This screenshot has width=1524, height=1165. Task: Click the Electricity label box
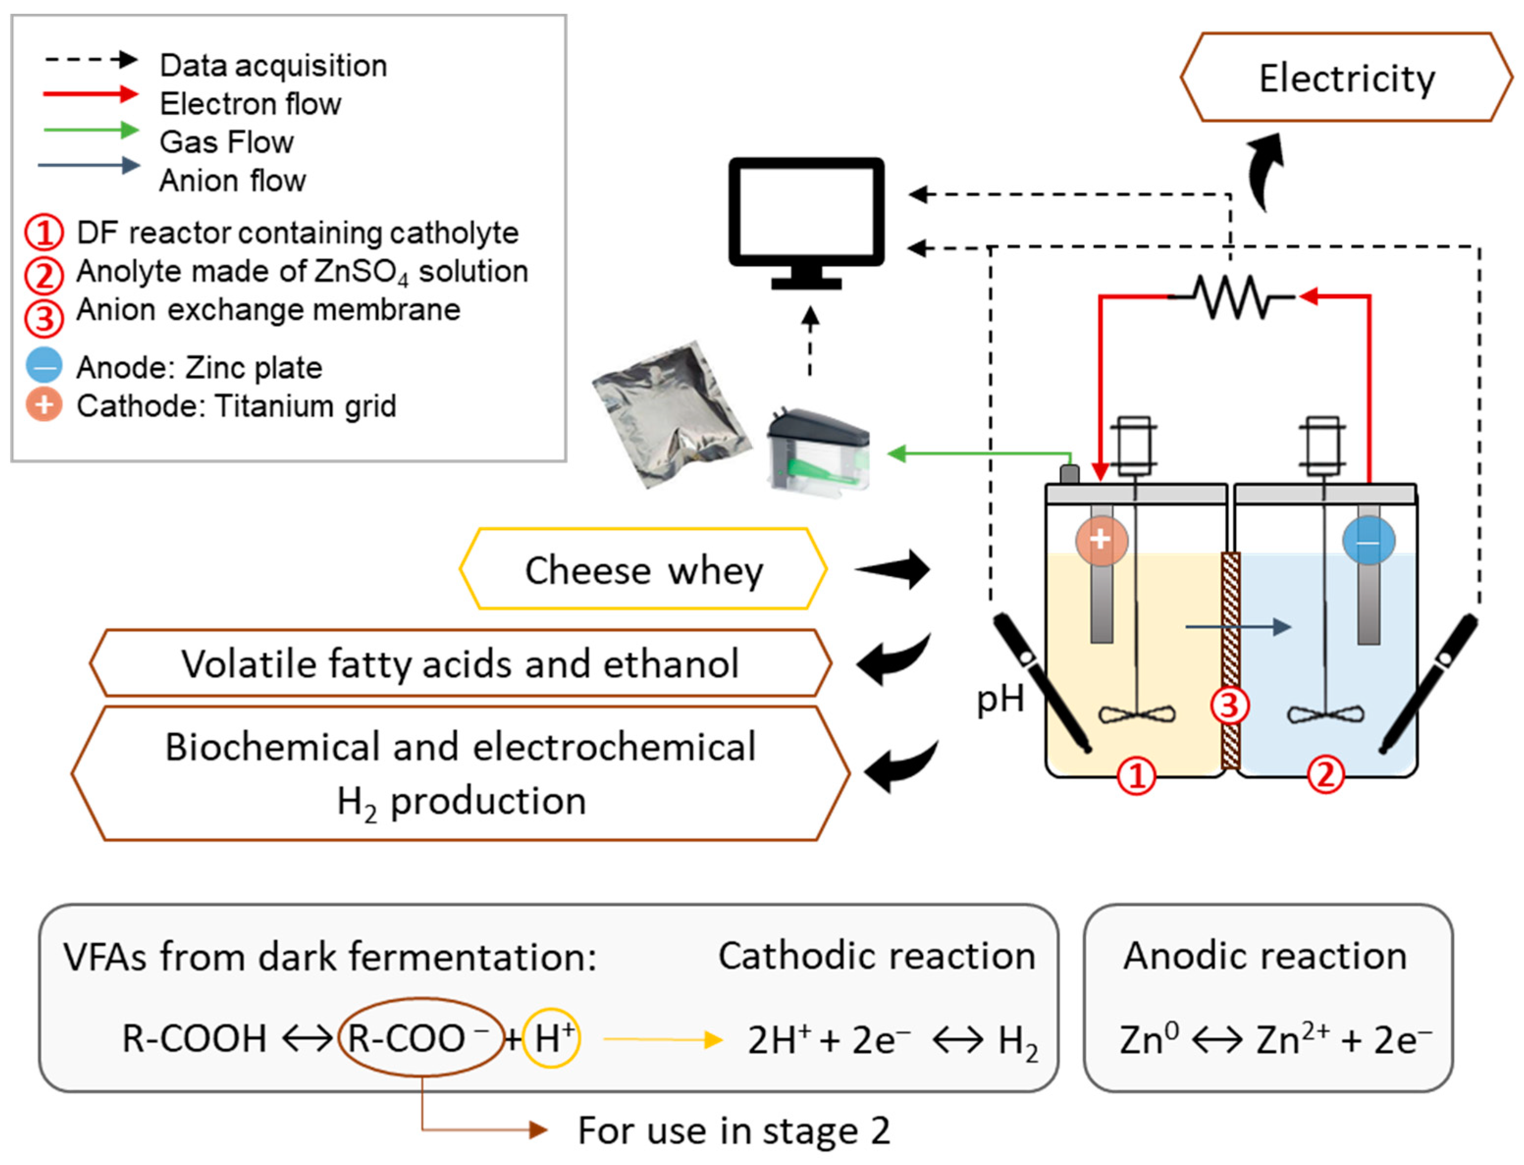coord(1346,77)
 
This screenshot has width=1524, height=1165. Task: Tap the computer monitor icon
coord(806,223)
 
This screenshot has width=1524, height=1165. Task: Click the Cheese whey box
coord(643,570)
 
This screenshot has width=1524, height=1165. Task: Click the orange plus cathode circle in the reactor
coord(1101,540)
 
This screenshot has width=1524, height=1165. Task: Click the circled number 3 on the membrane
coord(1230,706)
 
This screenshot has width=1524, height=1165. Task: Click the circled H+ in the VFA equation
coord(552,1037)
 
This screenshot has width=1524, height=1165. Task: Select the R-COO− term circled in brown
coord(421,1037)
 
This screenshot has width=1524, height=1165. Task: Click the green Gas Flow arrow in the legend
coord(91,129)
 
